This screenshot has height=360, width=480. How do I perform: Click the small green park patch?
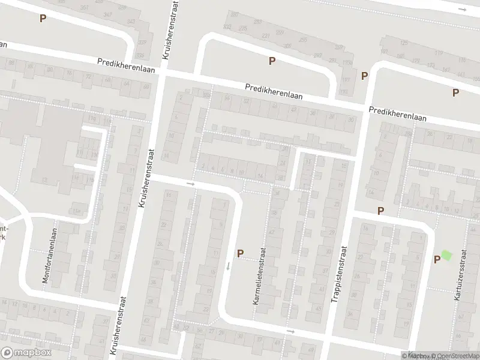(x=446, y=255)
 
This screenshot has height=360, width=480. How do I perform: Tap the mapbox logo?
(x=25, y=352)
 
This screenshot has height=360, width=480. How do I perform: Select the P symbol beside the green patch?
(x=437, y=259)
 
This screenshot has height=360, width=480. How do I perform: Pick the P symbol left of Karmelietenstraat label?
(x=240, y=254)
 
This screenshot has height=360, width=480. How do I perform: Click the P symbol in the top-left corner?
(x=42, y=18)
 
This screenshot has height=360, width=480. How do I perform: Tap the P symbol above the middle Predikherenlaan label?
(x=272, y=61)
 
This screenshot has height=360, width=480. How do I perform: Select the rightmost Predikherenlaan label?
(x=398, y=114)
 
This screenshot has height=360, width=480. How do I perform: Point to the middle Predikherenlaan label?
(x=274, y=91)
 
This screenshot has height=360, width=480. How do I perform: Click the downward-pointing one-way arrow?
(x=228, y=265)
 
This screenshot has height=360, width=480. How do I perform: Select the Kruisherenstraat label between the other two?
(x=144, y=179)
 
